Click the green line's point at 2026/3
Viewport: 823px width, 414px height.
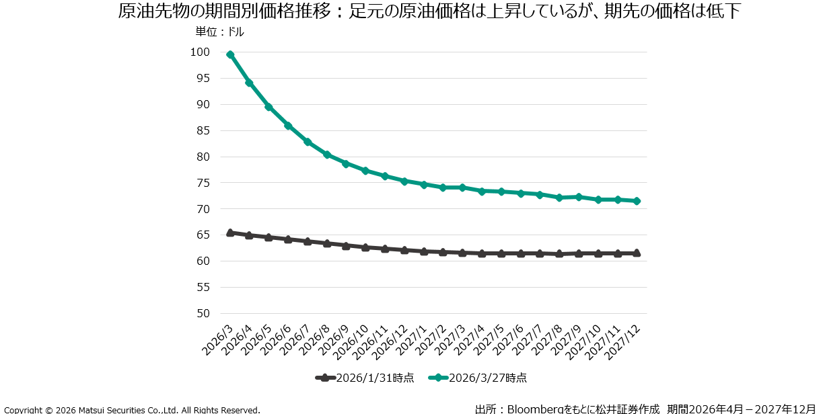point(230,54)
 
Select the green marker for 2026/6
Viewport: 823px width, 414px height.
point(288,126)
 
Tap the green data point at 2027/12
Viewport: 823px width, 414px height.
point(637,201)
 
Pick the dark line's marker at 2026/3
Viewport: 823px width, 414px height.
point(230,233)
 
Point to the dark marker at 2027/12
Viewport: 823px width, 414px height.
point(637,253)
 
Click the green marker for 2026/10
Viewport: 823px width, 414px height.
point(365,171)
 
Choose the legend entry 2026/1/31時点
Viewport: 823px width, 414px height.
point(365,378)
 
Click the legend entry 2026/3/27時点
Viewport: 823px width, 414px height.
point(477,378)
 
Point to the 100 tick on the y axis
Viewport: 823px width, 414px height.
point(200,52)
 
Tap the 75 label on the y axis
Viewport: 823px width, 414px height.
point(203,183)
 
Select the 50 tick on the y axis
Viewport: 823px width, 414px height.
point(203,313)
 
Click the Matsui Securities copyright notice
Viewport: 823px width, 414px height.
point(132,409)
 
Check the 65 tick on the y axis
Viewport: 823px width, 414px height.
point(203,235)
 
